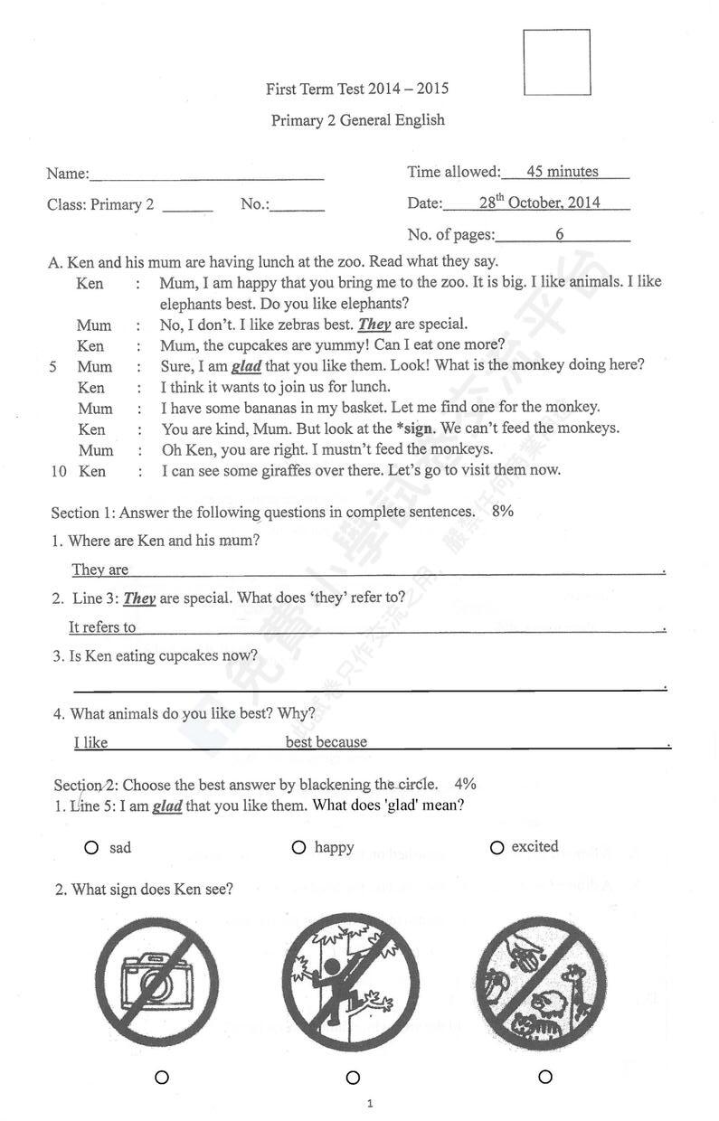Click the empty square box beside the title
(556, 61)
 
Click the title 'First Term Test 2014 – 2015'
(357, 89)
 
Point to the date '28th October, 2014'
(539, 203)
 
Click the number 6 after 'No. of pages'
(560, 234)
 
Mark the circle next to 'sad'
(91, 848)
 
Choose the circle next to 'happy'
(298, 847)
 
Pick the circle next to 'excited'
(497, 847)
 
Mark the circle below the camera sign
(162, 1077)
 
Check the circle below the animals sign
(545, 1077)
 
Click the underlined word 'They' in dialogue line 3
(374, 325)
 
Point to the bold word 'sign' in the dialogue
(416, 429)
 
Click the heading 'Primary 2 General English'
(358, 120)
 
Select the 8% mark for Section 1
(503, 511)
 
